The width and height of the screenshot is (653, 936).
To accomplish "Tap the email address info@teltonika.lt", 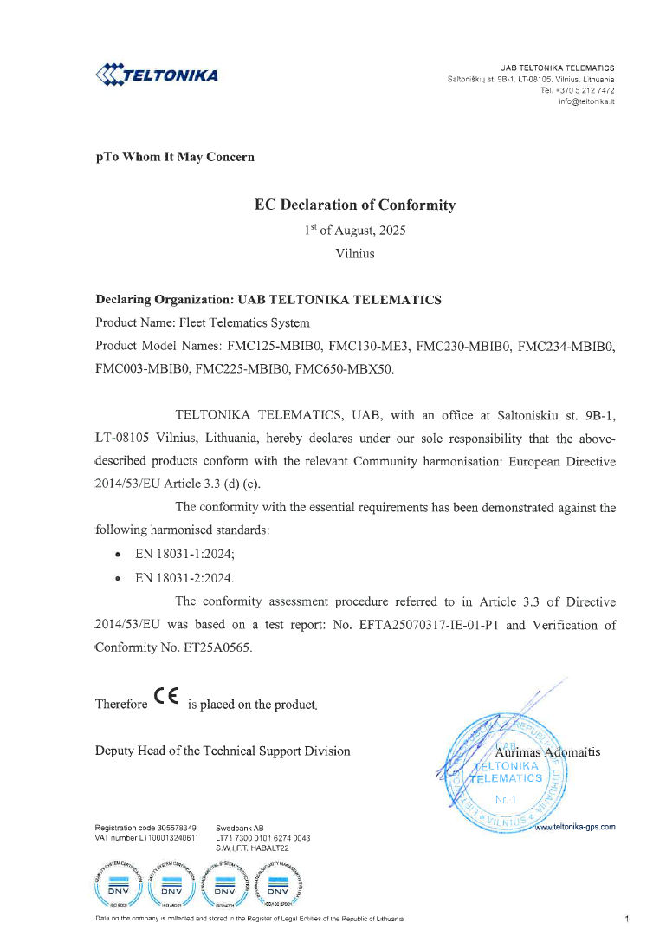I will pyautogui.click(x=586, y=101).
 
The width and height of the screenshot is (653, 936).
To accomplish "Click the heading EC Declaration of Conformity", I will pyautogui.click(x=354, y=205).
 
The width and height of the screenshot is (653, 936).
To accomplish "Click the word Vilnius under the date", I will pyautogui.click(x=354, y=254).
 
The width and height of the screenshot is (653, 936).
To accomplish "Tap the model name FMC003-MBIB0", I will pyautogui.click(x=142, y=369).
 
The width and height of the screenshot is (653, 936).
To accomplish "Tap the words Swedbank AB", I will pyautogui.click(x=240, y=828).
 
